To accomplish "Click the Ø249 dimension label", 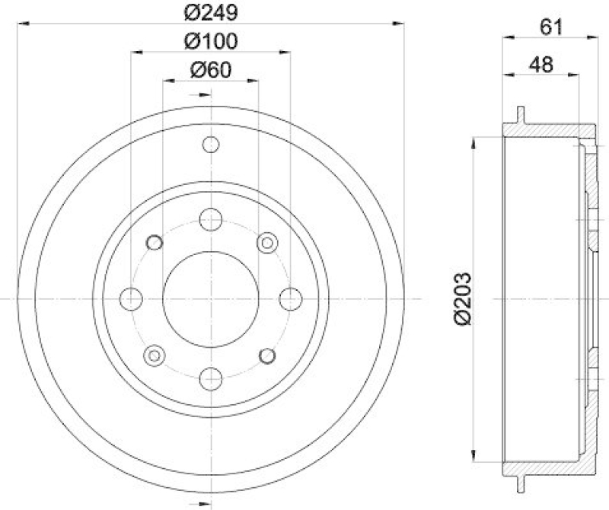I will (x=210, y=13).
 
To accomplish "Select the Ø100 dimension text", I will (x=210, y=40).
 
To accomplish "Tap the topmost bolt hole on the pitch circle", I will (x=211, y=220).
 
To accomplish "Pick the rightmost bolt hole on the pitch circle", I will (x=289, y=299).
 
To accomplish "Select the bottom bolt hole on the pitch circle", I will (x=211, y=378).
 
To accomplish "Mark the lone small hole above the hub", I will (x=211, y=145).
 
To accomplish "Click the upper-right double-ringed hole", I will (x=266, y=243).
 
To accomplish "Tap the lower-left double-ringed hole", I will (x=155, y=355).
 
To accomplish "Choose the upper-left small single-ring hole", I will (x=155, y=243).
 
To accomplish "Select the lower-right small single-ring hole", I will (x=266, y=355).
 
